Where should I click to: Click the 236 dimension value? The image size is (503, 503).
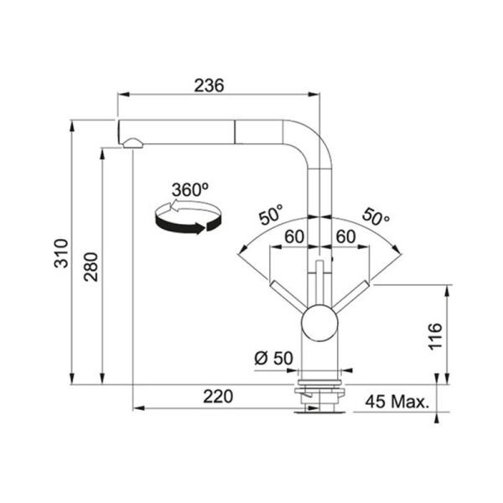209,86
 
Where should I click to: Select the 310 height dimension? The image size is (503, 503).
61,253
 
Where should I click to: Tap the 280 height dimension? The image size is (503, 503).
91,267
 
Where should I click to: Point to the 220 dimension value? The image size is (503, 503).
218,397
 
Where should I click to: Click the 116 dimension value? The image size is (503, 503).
435,337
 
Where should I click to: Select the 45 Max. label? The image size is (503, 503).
397,402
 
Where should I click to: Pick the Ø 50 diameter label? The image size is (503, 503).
273,358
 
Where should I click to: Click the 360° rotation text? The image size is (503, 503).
190,189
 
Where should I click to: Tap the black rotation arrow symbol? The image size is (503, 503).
188,216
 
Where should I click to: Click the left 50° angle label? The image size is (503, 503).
272,215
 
